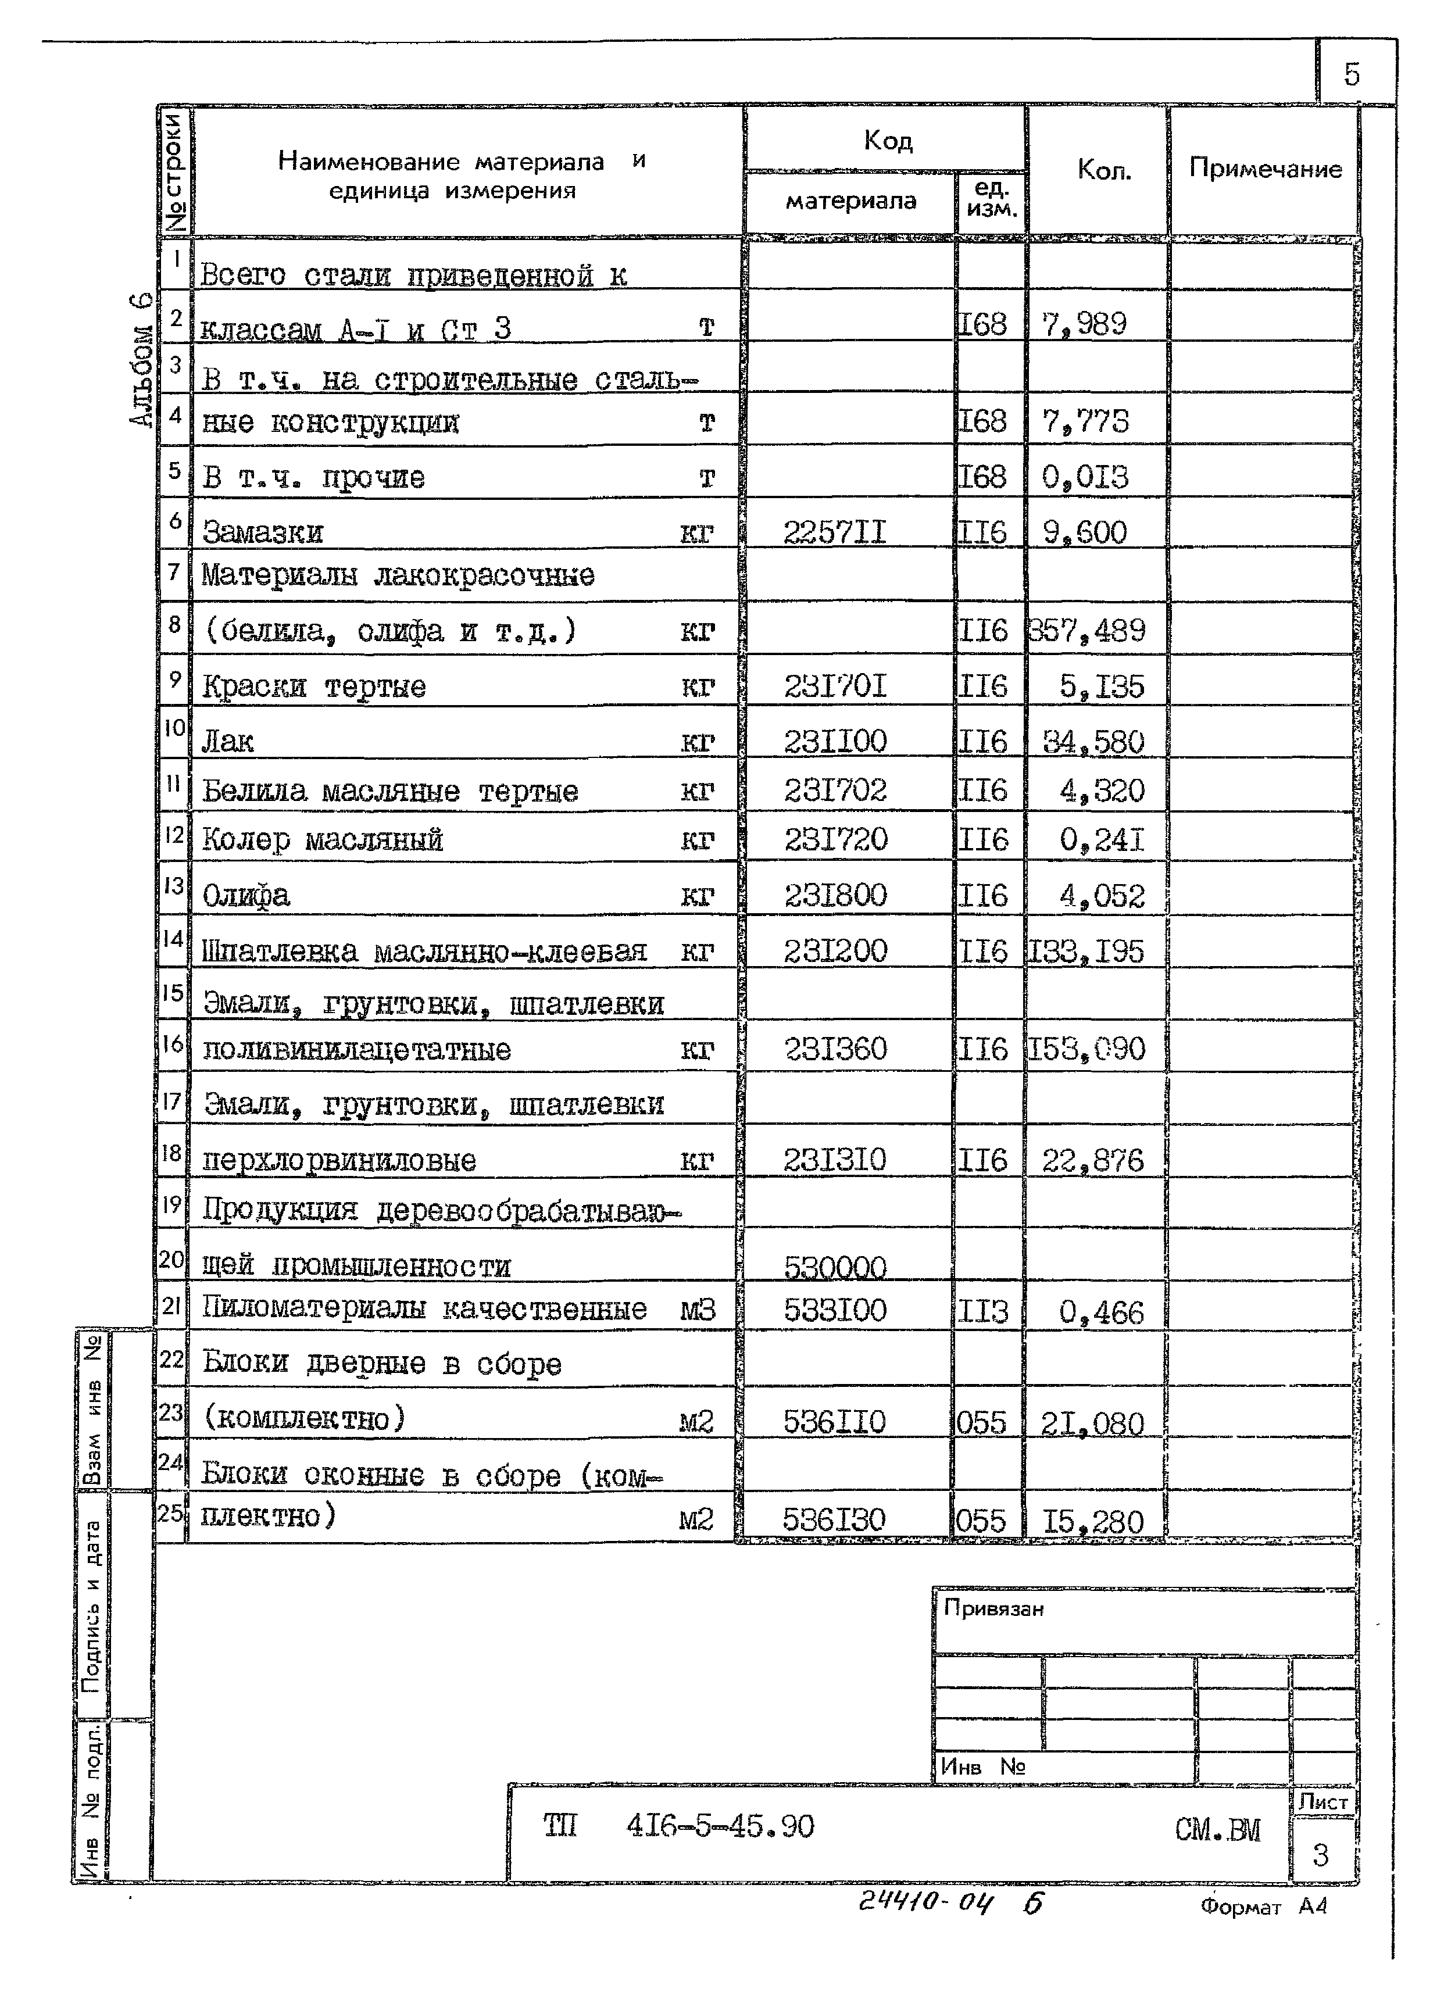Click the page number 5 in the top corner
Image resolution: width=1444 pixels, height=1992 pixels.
click(1351, 74)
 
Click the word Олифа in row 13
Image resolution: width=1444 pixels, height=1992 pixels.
click(246, 896)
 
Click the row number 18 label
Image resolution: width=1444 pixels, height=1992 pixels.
click(171, 1153)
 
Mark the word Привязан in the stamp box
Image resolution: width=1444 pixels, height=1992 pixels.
click(993, 1609)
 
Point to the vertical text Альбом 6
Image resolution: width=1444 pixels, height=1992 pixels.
click(141, 360)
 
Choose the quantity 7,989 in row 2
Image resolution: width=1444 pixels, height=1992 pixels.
click(1084, 325)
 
